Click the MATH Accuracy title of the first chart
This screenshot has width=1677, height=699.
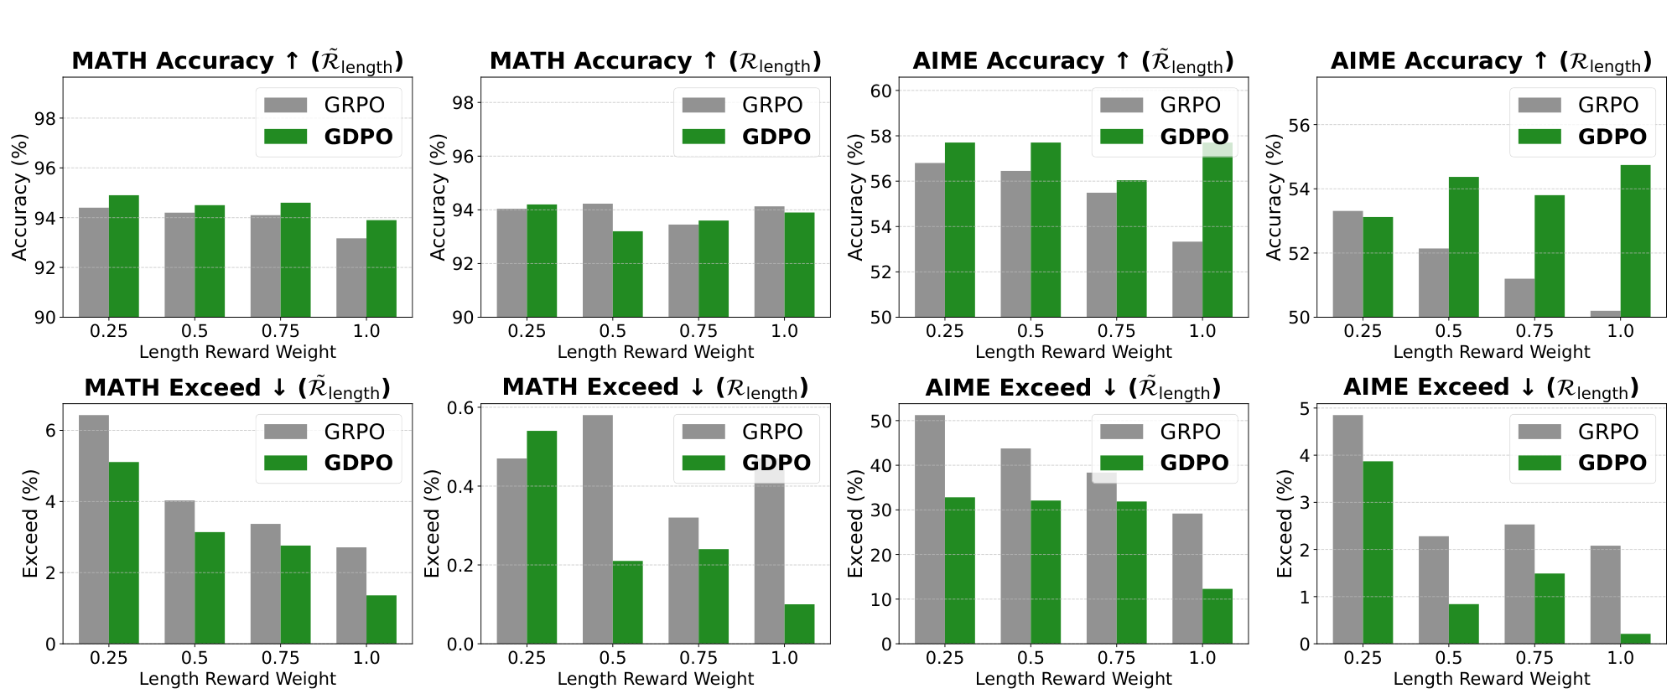pos(237,61)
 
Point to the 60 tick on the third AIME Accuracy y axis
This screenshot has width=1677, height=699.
pos(880,91)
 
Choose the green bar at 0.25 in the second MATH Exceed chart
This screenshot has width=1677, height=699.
pos(542,537)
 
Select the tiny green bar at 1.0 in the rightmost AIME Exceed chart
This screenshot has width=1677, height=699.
pos(1635,639)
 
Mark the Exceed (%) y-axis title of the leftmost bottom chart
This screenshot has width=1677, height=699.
pos(30,524)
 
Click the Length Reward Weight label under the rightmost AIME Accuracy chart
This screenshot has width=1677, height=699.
pos(1491,352)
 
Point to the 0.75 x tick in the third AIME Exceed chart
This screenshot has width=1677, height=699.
pos(1116,658)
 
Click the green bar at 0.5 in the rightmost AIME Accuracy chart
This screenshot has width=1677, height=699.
pos(1463,247)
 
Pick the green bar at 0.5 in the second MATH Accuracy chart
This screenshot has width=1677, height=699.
pos(627,274)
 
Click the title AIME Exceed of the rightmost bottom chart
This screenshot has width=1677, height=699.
pos(1490,387)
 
